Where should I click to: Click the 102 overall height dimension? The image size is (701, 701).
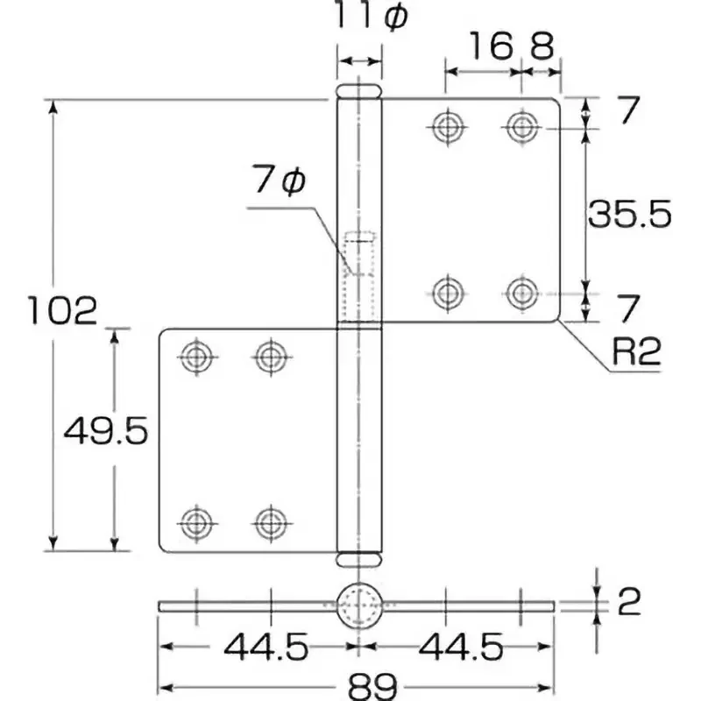click(62, 310)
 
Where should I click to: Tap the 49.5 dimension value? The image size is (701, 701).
click(105, 430)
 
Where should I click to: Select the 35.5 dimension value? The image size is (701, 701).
click(629, 214)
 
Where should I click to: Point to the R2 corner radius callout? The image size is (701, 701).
click(636, 352)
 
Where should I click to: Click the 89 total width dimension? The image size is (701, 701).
click(372, 686)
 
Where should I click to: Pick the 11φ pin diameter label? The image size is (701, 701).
click(371, 17)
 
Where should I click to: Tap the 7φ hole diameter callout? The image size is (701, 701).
click(280, 180)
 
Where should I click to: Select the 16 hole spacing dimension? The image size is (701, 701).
click(491, 46)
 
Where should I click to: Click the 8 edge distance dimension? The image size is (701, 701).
click(542, 46)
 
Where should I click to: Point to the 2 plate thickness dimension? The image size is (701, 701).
click(629, 602)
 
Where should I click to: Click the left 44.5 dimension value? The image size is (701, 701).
click(266, 647)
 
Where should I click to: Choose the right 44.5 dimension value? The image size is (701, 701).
click(461, 647)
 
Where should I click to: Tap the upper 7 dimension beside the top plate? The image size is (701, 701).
click(628, 110)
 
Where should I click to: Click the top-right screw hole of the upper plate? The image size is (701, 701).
click(521, 127)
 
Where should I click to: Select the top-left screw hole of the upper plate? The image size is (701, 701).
click(448, 127)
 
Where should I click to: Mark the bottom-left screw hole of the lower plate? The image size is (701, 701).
click(196, 523)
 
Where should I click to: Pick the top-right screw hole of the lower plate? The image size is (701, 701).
click(271, 357)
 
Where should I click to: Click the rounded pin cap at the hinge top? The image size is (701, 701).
click(359, 91)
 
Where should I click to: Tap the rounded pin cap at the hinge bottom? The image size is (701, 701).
click(359, 559)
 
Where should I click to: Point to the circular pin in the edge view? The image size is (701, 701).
click(359, 605)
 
